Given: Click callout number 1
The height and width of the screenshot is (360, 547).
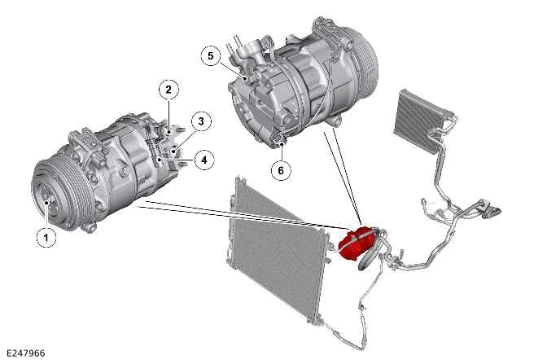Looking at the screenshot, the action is (x=46, y=237).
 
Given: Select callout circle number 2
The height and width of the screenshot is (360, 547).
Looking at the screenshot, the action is (x=168, y=90).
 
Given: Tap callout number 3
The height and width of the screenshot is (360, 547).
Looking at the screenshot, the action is (x=201, y=121).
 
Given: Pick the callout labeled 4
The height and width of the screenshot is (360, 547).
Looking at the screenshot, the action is (x=203, y=160).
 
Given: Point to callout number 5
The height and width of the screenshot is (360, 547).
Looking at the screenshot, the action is (x=211, y=56).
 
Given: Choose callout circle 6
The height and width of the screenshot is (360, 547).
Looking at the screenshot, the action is (x=281, y=171).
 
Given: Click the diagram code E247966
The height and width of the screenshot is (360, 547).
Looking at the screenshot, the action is (x=26, y=353).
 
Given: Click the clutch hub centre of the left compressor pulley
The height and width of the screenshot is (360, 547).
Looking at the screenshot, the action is (x=46, y=202).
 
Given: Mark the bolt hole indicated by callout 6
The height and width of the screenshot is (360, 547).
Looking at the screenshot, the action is (x=281, y=142).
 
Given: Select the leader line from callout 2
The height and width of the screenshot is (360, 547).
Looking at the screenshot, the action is (x=168, y=116).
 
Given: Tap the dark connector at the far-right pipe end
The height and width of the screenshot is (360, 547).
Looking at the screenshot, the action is (x=492, y=211).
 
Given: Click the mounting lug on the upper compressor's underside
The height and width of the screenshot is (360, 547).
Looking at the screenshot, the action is (x=335, y=121).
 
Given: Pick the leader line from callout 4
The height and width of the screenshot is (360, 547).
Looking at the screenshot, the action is (x=177, y=160).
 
